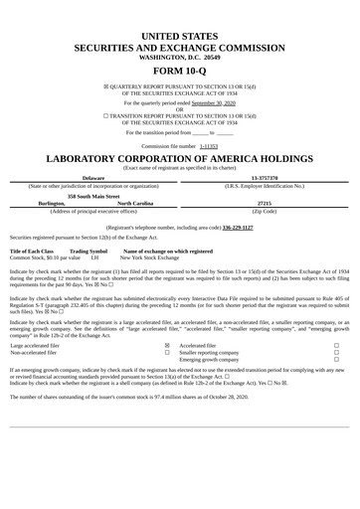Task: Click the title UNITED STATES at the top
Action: tap(179, 36)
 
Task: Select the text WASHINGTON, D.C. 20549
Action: tap(179, 57)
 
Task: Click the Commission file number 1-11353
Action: tap(209, 145)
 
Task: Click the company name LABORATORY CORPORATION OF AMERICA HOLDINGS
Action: tap(179, 159)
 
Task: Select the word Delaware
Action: tap(93, 178)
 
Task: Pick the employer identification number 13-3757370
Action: tap(265, 178)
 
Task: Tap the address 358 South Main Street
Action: tap(93, 195)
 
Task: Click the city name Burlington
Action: tap(52, 203)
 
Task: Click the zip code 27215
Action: tap(265, 203)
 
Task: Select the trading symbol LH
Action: tap(94, 257)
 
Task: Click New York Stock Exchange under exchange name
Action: tap(150, 257)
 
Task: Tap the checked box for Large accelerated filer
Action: tap(166, 345)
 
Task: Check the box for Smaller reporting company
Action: tap(336, 352)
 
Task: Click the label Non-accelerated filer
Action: tap(34, 352)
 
